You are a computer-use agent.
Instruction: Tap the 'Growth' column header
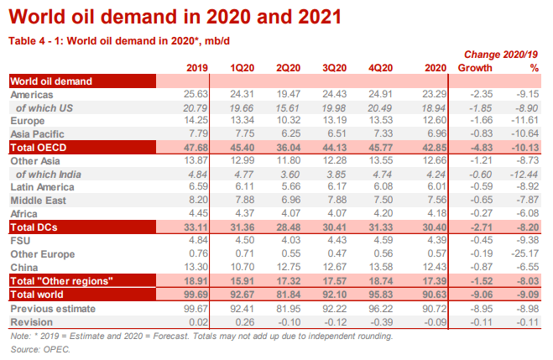(480, 68)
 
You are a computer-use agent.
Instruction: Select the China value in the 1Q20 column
(244, 265)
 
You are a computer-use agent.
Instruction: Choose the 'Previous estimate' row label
(52, 308)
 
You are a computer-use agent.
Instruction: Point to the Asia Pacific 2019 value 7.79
(194, 133)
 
